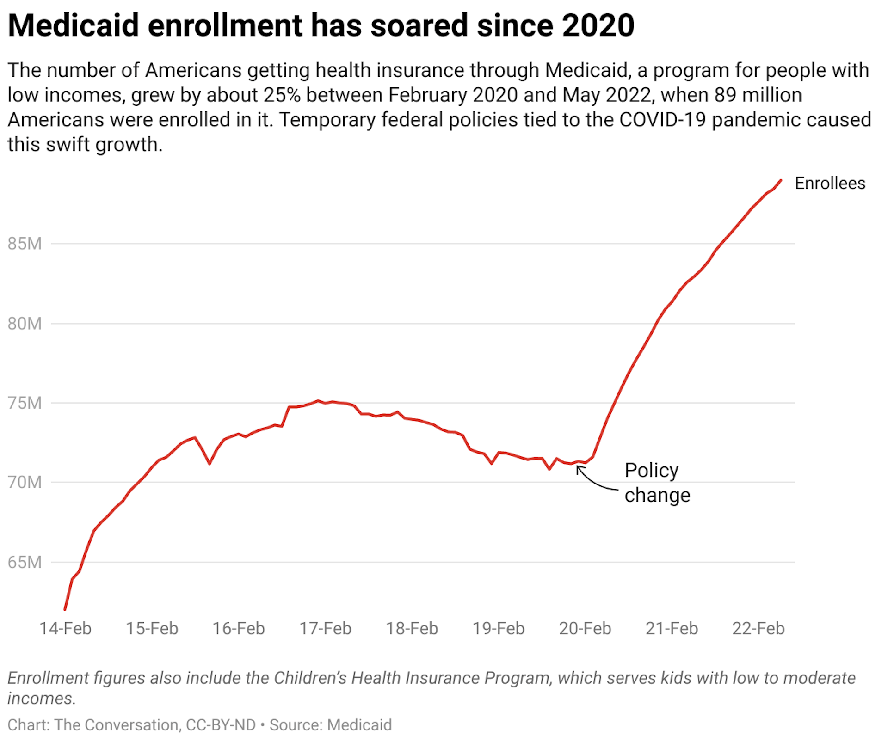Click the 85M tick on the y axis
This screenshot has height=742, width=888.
coord(25,244)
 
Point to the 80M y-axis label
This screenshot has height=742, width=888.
coord(25,324)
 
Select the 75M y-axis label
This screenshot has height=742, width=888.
coord(25,403)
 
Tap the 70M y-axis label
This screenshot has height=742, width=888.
coord(25,483)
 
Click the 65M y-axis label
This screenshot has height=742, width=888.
coord(25,563)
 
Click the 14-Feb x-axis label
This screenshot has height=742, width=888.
coord(65,629)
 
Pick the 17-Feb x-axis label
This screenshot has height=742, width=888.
coord(325,629)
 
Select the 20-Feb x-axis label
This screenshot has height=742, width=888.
coord(585,629)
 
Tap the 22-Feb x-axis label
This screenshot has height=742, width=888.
coord(758,629)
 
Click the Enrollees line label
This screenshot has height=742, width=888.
coord(830,184)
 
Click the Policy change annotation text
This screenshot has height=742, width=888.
coord(657,483)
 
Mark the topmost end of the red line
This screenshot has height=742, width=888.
coord(781,181)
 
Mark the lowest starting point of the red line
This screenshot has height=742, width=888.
coord(65,609)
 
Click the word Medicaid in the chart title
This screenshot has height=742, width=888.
coord(73,25)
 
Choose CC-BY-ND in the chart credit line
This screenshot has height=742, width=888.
coord(221,725)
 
